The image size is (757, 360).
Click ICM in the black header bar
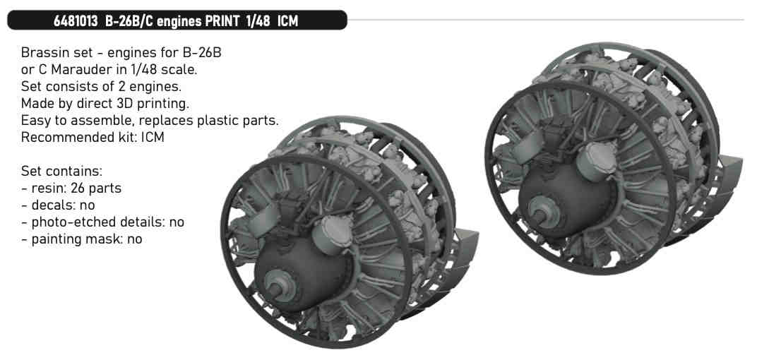[x=287, y=21]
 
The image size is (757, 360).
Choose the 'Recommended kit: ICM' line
[x=93, y=138]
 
